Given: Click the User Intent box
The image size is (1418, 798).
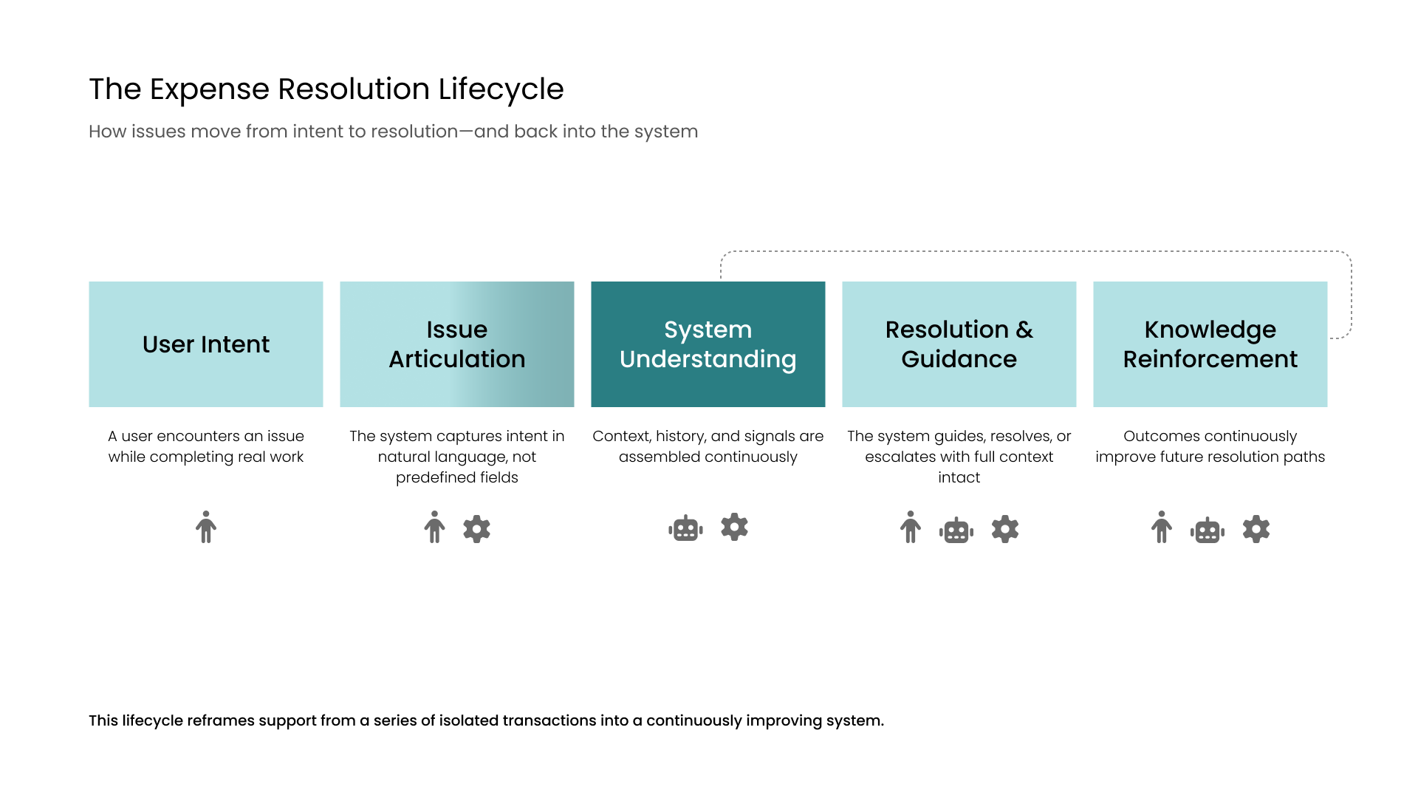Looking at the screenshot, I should [x=206, y=344].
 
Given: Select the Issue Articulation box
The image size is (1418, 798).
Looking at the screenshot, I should [x=457, y=344].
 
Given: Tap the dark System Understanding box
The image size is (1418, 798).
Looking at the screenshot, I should [x=708, y=344].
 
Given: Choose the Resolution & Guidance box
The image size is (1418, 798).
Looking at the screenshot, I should [x=959, y=344].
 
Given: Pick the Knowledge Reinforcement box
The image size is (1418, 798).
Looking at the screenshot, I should [x=1210, y=344].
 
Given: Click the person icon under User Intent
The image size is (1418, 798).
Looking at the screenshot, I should [x=206, y=527].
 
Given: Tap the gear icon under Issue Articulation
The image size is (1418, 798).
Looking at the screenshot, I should [x=477, y=529].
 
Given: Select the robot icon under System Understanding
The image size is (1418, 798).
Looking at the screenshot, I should [x=685, y=528].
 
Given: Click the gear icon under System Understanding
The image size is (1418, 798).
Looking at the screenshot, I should [x=735, y=527].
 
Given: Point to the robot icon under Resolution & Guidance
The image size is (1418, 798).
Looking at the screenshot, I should [x=956, y=530].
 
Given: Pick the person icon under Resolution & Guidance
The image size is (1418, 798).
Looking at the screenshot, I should [x=911, y=527].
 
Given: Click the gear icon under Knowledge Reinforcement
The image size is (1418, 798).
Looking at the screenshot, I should [x=1256, y=529].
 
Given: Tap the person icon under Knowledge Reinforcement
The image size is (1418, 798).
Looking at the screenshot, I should [x=1162, y=527].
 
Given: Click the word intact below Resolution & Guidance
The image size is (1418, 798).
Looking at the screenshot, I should [x=959, y=477].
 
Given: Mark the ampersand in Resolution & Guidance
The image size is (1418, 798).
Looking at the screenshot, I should [x=1024, y=330].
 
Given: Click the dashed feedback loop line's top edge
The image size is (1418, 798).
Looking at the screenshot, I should [x=1034, y=251].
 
